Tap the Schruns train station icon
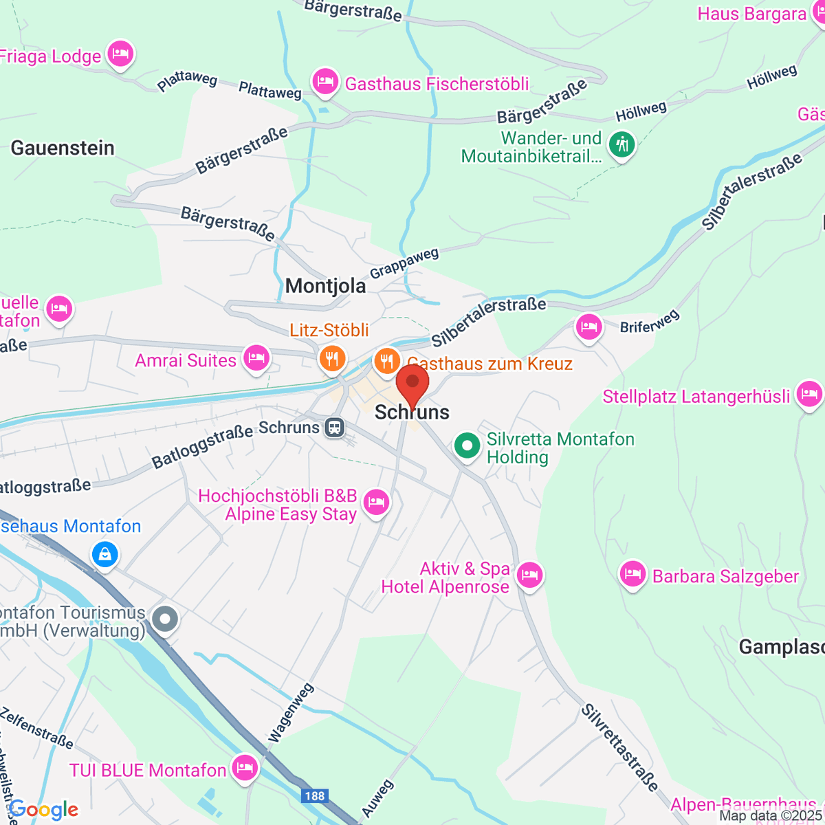coord(335,428)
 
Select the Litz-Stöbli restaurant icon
coord(332,358)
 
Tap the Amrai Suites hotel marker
coord(256,357)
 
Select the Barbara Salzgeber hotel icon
coord(632,574)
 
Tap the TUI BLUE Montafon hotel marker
coord(244,767)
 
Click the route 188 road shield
coord(314,796)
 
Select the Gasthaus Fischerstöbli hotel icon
coord(324,82)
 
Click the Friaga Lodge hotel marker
coord(120,54)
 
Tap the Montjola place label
coord(325,286)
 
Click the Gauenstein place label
coord(63,148)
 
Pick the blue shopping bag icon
coord(104,553)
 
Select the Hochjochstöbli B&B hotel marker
coord(375,502)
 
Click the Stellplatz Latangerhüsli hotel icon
coord(808,394)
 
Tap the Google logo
coord(43,810)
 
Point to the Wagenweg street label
coord(291,713)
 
